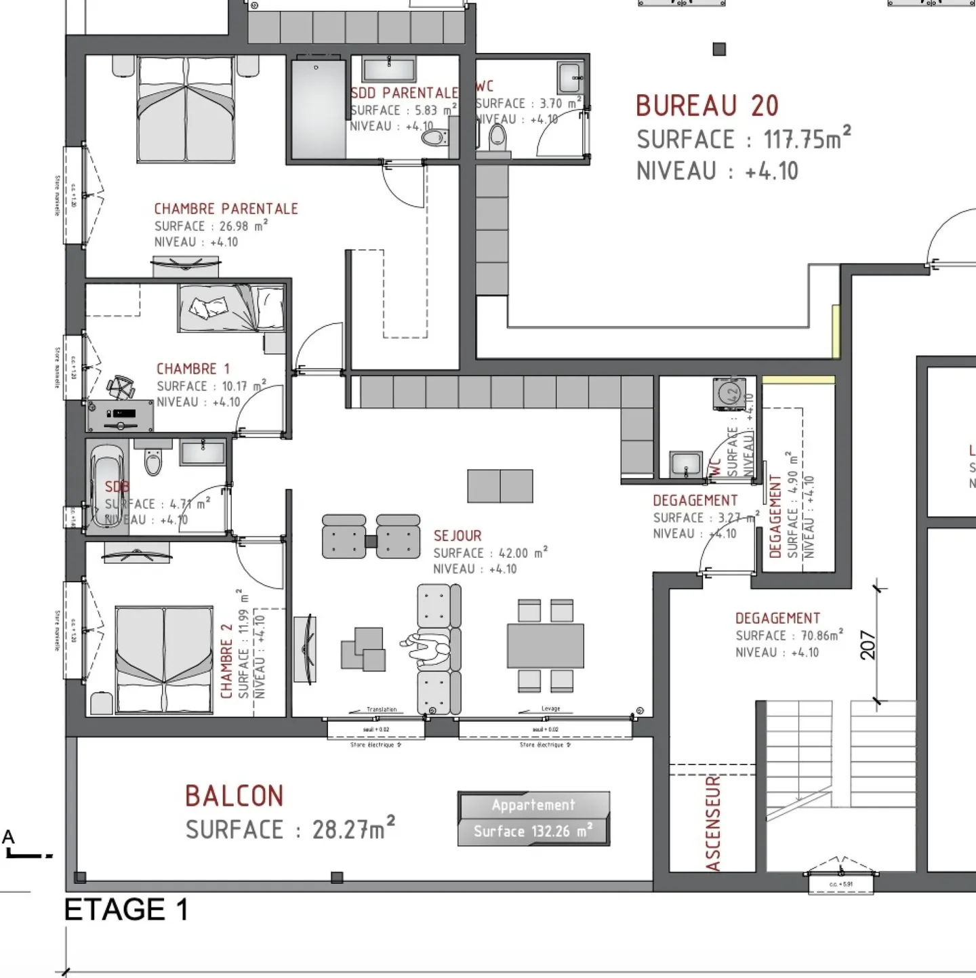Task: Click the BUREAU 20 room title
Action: pos(707,106)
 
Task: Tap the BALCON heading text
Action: pos(234,796)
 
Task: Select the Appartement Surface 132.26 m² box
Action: pos(533,819)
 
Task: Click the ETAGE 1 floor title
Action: pos(126,910)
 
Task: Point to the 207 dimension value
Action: pos(868,645)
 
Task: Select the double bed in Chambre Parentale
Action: pos(186,110)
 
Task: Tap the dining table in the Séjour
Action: pos(545,646)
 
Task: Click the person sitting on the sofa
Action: pos(426,647)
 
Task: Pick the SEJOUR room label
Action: pos(457,536)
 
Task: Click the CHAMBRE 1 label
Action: pos(193,369)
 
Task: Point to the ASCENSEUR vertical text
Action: pos(712,823)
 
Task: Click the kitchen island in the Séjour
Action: pos(500,486)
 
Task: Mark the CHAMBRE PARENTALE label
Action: pos(226,209)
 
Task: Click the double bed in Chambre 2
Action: pos(164,659)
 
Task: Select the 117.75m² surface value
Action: pos(807,139)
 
